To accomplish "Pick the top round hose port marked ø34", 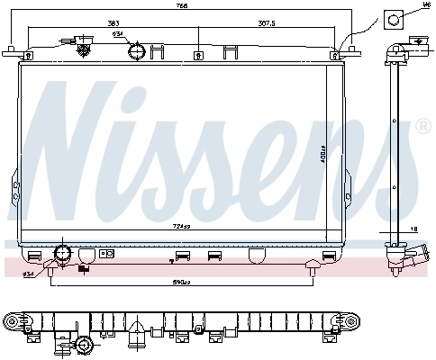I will click(x=136, y=51).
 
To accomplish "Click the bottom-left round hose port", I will click(x=62, y=253).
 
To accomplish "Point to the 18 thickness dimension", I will click(x=415, y=231).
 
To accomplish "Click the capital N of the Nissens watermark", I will click(x=72, y=144).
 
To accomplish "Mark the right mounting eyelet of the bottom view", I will click(x=354, y=321).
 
